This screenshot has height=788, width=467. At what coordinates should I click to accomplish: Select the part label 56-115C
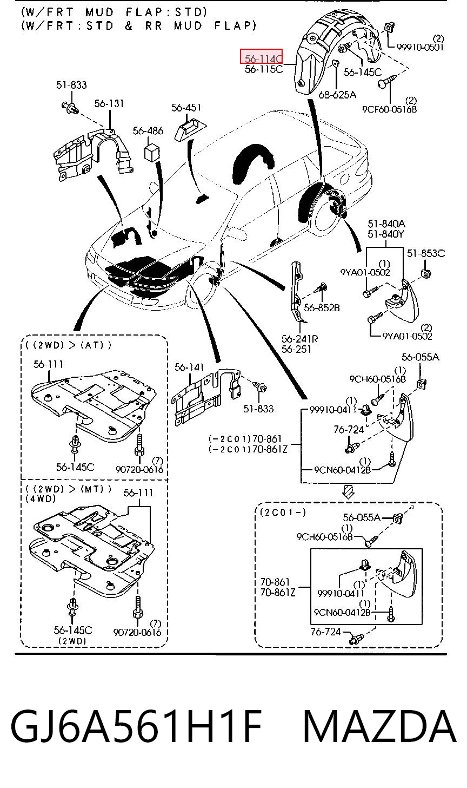pos(264,69)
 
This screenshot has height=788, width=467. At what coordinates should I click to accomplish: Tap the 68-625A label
pos(337,95)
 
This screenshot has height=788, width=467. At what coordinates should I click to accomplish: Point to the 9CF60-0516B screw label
pos(389,109)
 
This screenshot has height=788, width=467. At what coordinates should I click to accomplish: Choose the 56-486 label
pos(148,130)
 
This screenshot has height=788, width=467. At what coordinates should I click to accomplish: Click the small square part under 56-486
pos(151,152)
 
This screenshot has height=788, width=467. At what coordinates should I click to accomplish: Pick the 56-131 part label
pos(109,103)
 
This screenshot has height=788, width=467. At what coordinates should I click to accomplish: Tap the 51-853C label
pos(426,253)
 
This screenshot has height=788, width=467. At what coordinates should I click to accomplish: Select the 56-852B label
pos(322,308)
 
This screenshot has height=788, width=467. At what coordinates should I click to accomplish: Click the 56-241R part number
pos(300,339)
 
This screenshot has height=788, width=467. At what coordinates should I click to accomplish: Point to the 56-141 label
pos(189,367)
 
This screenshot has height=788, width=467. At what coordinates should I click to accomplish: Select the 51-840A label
pos(386,224)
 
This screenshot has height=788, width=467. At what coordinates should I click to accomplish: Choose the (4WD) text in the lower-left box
pos(41,498)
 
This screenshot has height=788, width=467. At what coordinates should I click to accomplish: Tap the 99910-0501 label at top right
pos(421,47)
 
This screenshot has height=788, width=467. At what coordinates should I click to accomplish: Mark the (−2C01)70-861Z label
pos(248,449)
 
